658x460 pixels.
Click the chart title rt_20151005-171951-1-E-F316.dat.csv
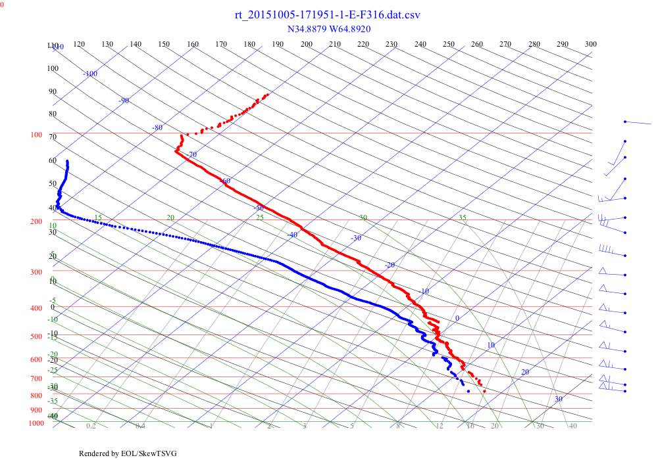point(328,14)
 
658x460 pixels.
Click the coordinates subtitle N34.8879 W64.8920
point(329,29)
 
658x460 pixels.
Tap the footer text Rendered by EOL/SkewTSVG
point(128,453)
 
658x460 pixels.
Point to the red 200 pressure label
point(36,221)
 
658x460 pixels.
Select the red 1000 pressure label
point(36,423)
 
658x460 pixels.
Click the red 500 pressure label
point(36,336)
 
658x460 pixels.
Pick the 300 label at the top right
point(591,44)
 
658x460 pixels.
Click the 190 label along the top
point(278,44)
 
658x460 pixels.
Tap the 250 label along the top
point(449,44)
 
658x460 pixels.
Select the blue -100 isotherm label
point(90,74)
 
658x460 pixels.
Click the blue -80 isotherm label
point(157,127)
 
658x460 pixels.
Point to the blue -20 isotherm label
point(390,265)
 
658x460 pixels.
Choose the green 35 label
point(462,218)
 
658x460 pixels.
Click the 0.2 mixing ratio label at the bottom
point(91,426)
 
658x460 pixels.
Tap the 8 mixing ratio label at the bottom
point(398,426)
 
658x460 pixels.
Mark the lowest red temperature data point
point(484,391)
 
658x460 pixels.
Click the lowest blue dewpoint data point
point(468,391)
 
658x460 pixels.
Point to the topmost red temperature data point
point(267,95)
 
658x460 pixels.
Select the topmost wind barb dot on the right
point(625,122)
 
